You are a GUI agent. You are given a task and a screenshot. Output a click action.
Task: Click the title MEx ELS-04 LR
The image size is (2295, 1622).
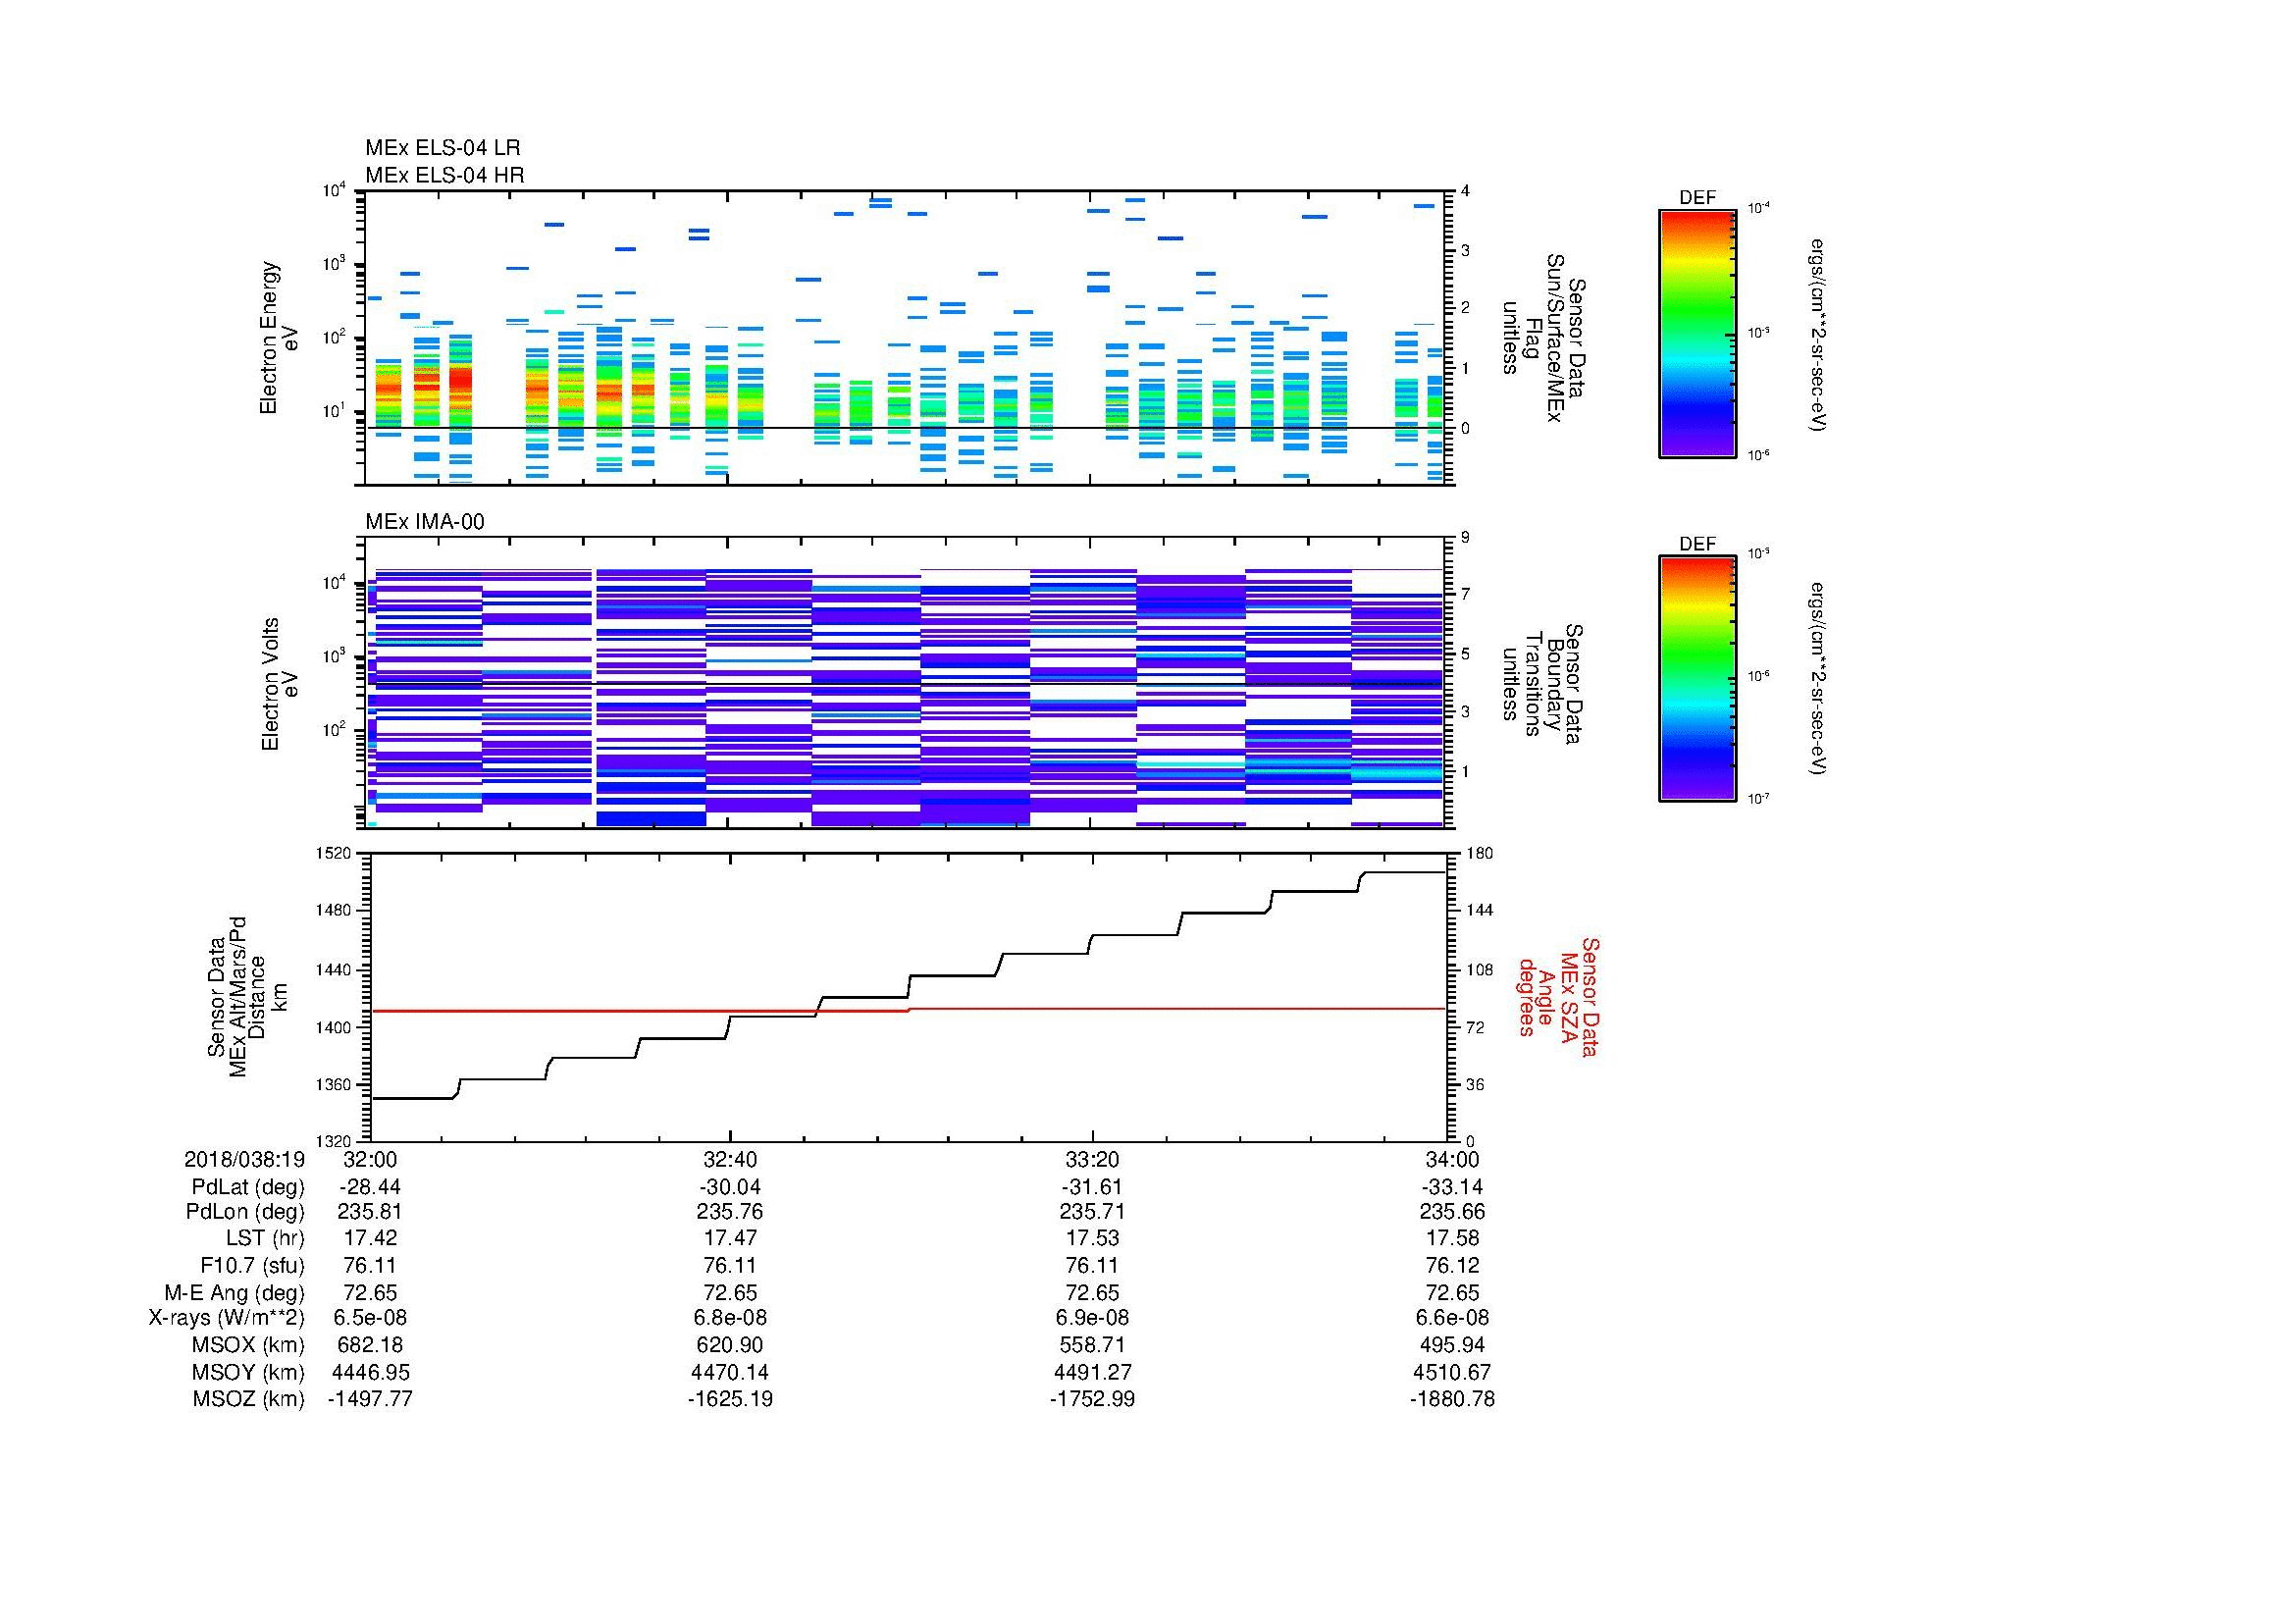[x=442, y=148]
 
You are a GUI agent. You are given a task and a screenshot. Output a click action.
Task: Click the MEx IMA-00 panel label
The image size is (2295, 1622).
[x=424, y=522]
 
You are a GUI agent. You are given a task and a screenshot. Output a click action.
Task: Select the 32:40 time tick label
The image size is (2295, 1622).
[x=730, y=1160]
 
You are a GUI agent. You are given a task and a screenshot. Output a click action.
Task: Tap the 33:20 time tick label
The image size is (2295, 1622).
[x=1091, y=1160]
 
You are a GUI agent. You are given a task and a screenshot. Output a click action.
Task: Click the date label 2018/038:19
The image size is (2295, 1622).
[x=244, y=1160]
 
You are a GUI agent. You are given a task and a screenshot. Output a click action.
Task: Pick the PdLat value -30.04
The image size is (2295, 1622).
[x=730, y=1187]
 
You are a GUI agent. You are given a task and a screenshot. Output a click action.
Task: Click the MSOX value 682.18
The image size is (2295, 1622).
[x=370, y=1345]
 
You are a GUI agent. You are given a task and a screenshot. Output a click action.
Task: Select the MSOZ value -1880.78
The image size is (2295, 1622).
[x=1451, y=1399]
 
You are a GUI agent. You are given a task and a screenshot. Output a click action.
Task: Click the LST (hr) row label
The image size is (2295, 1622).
[x=265, y=1239]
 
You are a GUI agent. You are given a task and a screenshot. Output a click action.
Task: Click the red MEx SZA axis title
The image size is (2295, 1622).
[x=1558, y=996]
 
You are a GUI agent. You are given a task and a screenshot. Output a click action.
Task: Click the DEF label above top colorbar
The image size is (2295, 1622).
[x=1696, y=199]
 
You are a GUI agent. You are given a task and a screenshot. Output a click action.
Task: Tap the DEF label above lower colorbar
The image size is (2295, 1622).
[x=1696, y=545]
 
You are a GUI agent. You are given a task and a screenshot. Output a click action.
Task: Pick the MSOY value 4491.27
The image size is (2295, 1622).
[x=1091, y=1372]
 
